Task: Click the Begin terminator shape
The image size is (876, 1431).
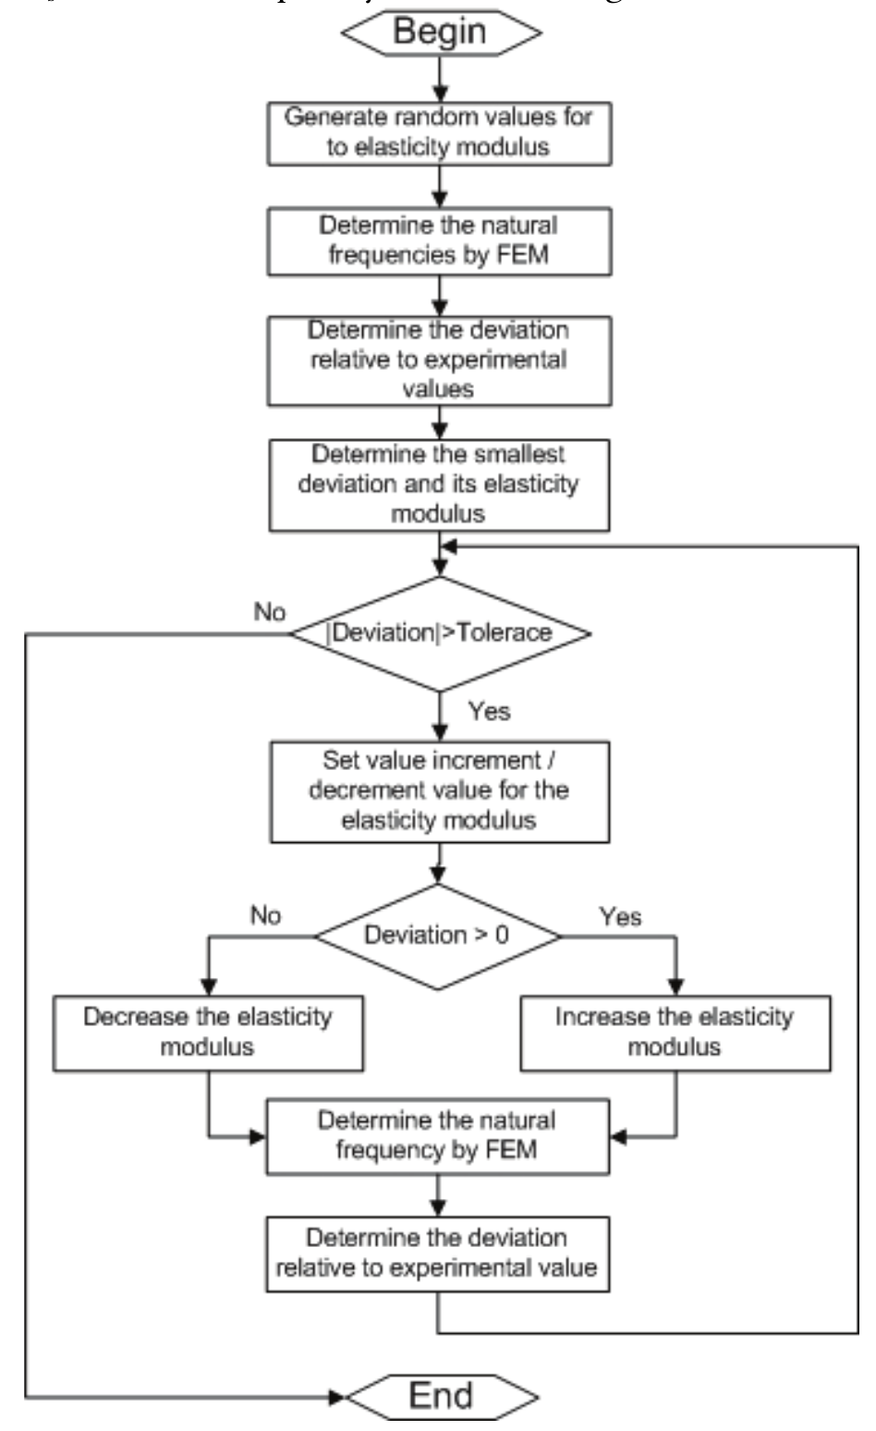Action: [x=441, y=31]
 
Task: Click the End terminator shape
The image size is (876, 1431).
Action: [x=441, y=1395]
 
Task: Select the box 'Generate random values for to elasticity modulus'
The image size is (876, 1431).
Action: [x=439, y=133]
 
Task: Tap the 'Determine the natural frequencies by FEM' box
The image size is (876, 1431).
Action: [x=439, y=241]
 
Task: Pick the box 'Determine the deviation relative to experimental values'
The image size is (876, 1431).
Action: [x=439, y=361]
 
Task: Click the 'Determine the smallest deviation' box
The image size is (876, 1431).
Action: [x=439, y=484]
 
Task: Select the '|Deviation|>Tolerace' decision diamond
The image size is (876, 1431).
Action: [x=441, y=634]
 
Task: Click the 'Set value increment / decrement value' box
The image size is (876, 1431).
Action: [x=439, y=791]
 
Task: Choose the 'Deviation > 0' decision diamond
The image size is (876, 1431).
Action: [x=438, y=936]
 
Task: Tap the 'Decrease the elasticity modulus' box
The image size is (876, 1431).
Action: [x=208, y=1033]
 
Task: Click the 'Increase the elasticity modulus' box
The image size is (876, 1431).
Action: [x=675, y=1033]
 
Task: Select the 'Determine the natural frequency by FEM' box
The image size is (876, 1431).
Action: [x=438, y=1136]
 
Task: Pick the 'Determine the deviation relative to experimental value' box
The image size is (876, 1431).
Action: [x=438, y=1254]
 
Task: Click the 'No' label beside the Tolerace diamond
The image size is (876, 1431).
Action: [x=270, y=612]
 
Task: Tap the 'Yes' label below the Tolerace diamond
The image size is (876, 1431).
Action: [x=489, y=711]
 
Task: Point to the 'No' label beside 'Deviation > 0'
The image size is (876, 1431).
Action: [x=265, y=915]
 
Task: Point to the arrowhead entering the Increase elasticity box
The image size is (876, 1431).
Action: [x=675, y=986]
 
